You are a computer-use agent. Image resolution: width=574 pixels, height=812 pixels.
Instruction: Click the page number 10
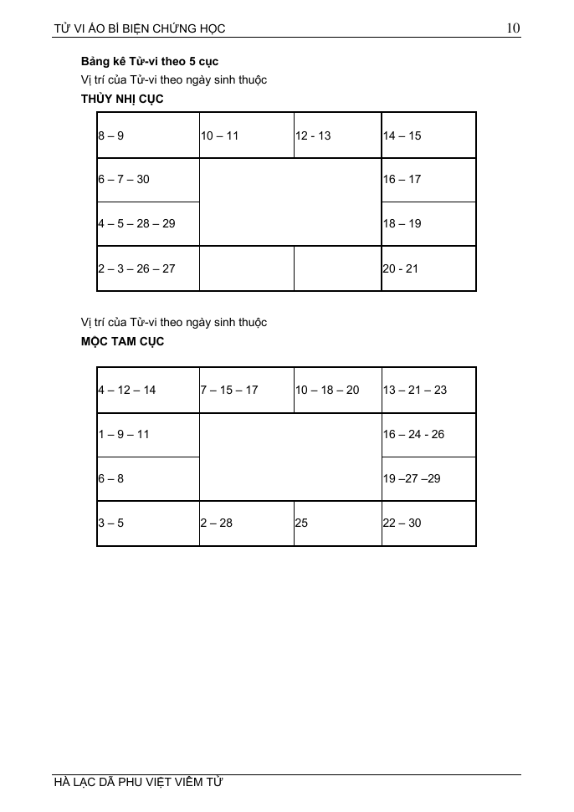tap(513, 28)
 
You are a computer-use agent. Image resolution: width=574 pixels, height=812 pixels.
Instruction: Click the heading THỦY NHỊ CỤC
tap(122, 99)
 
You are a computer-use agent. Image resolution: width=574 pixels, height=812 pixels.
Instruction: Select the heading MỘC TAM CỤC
tap(122, 341)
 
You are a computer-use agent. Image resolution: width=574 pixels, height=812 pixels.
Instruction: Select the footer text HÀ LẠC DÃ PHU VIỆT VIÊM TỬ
tap(139, 783)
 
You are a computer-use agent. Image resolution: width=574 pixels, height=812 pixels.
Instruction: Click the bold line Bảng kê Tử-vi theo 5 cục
tap(150, 62)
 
